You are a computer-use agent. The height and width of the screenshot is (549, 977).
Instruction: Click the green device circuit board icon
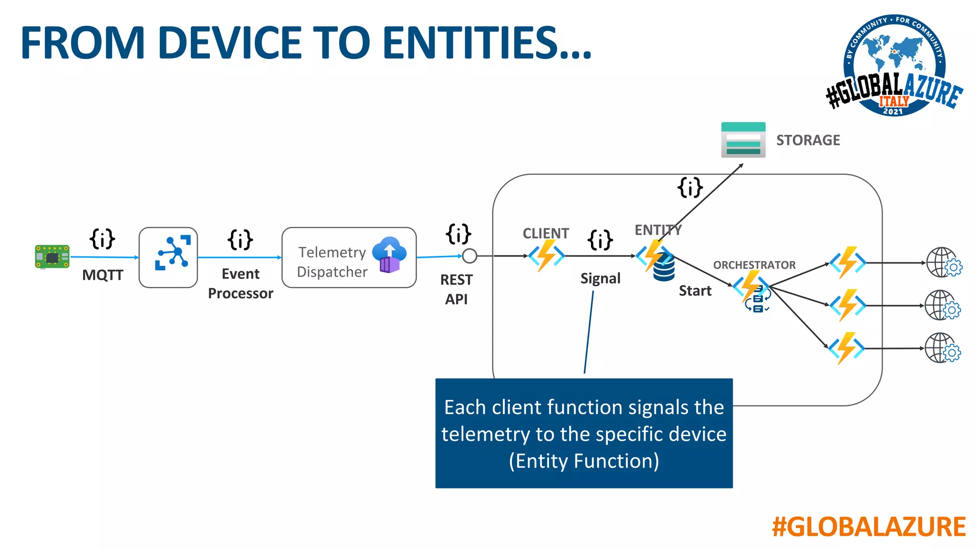coord(52,257)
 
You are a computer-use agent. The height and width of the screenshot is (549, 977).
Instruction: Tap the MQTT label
coord(103,275)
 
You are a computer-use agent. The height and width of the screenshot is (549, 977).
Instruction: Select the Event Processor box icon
coord(168,257)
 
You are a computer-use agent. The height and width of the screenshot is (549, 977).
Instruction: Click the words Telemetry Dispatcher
coord(332,262)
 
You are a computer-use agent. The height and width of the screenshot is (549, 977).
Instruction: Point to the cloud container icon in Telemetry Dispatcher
coord(389,255)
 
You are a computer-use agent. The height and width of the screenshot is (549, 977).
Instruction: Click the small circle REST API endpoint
coord(469,256)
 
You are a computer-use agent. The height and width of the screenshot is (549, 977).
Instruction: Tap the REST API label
coord(457,289)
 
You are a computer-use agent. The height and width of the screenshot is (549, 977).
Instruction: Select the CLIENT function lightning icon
coord(546,255)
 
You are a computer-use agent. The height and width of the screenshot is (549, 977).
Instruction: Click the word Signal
coord(600,278)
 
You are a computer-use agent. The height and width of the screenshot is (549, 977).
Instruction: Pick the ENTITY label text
coord(658,230)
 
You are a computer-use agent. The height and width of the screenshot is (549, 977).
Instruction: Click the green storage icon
coord(743,140)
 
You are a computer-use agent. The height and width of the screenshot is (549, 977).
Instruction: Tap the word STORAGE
coord(808,140)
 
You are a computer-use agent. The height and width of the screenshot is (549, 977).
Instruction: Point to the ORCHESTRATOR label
coord(754,265)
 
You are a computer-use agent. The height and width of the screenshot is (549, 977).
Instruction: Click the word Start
coord(695,291)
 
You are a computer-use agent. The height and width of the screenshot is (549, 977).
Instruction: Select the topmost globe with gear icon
coord(943,263)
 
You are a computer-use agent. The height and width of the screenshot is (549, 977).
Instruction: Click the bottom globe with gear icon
coord(942,348)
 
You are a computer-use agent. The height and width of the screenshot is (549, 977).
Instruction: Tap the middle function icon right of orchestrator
coord(848,305)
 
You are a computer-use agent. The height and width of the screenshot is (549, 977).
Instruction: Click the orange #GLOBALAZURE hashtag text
coord(869,527)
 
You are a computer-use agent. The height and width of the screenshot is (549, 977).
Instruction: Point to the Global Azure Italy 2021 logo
coord(894,66)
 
